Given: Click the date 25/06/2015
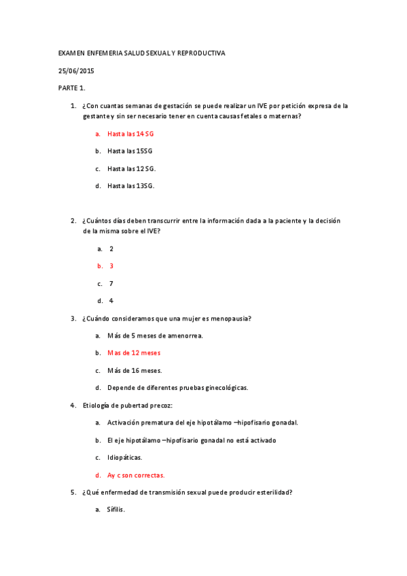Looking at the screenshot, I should (x=75, y=71).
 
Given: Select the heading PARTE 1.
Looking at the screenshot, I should (x=71, y=88).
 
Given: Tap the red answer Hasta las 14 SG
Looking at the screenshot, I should (x=130, y=134).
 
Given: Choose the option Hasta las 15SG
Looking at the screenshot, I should (x=130, y=151).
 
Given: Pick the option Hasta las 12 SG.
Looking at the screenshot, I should (x=131, y=168).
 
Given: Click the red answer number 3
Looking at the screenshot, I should (x=111, y=266).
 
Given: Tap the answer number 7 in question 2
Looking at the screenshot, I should (x=111, y=283).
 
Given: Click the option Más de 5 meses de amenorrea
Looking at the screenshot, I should (x=155, y=336).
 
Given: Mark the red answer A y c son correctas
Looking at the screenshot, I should (x=136, y=475).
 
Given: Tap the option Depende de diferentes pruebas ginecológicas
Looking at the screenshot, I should (x=177, y=388).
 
